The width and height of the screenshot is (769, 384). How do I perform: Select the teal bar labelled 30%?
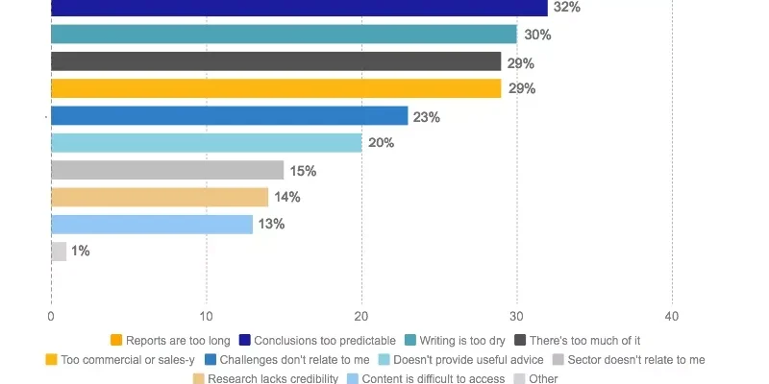284,35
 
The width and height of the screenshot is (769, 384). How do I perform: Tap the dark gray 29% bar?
276,62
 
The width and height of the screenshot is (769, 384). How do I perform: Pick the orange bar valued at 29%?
276,89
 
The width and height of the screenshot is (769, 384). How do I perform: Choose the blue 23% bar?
229,116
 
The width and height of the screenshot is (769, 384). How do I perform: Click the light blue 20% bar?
206,143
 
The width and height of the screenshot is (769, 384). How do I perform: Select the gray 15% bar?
167,171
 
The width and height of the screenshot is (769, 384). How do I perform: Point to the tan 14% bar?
160,198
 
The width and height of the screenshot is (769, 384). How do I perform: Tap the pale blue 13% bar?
152,225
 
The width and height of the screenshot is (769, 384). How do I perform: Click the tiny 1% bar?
59,252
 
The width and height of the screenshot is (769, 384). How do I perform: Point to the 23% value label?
426,117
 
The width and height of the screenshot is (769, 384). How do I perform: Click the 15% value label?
303,171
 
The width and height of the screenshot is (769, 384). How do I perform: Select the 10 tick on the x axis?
206,316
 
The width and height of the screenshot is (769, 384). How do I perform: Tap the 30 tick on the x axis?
516,316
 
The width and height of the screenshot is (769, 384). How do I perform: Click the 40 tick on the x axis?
672,316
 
